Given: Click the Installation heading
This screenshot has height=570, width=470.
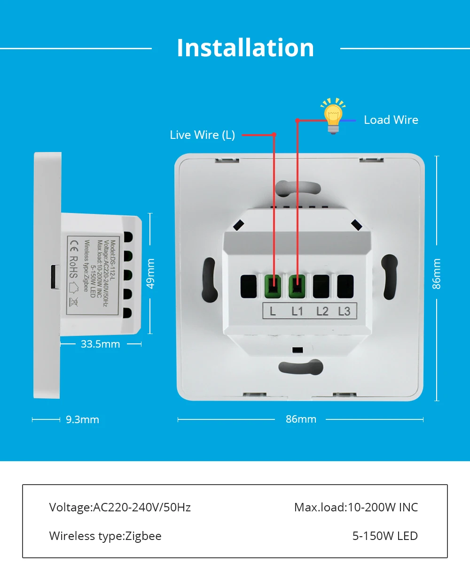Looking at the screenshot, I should point(245,48).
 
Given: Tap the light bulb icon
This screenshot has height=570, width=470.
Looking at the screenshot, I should point(333,116).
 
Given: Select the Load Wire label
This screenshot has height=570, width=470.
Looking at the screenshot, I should point(391,120).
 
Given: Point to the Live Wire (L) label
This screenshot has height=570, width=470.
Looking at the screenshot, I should point(202,135).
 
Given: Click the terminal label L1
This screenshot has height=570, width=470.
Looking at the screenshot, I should point(298,311).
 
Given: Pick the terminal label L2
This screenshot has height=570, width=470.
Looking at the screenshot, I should point(322,311).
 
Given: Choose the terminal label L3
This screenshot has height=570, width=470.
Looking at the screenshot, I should point(345,311).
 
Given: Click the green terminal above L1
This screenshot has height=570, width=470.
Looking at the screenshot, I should point(297,286).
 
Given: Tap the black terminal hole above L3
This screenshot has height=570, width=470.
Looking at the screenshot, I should point(345,286).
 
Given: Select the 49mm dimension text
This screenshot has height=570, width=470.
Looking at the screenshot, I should point(151,274).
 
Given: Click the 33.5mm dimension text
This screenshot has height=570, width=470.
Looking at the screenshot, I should point(100,344).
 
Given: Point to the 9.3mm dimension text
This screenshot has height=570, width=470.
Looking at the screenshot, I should point(82,419).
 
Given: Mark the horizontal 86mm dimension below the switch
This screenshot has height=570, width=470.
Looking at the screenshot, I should point(301,419).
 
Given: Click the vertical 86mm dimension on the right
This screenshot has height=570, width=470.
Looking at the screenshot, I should point(437,274).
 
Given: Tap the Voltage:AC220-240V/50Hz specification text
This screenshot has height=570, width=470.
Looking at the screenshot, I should point(120,507).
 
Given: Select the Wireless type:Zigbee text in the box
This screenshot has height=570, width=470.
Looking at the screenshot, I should point(105,536).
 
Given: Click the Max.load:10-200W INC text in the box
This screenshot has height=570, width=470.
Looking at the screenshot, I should point(356,507).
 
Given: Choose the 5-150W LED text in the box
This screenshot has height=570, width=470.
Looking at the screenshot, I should point(385,536).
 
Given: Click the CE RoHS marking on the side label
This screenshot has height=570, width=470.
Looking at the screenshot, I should point(74,258).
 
